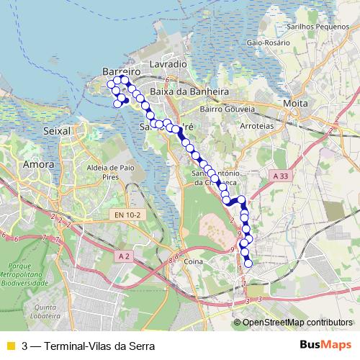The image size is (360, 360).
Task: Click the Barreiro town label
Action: pos(120,73)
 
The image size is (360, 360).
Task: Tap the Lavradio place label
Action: pos(168,64)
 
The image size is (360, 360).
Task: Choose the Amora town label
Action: pos(39,165)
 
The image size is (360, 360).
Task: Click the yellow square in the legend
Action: pos(10,346)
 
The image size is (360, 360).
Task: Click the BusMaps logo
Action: pos(325,345)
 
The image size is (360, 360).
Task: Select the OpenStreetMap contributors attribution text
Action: pos(297,323)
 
